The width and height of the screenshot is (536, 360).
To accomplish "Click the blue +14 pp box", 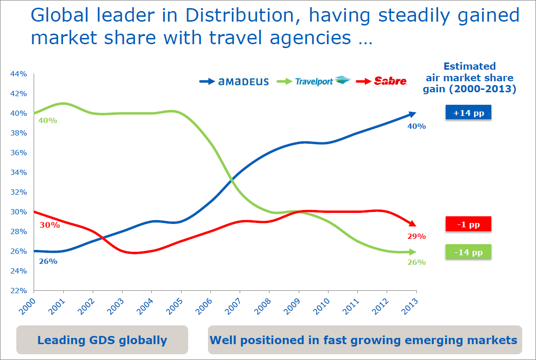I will point(468,113).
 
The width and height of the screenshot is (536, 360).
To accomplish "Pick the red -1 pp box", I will point(468,224).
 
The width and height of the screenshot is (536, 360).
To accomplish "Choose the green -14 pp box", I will point(468,252).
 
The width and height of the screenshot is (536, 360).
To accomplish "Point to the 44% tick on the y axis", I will point(20,74).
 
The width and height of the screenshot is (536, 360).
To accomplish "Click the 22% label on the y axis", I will point(20,291).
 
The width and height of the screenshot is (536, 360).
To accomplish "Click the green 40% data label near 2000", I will point(48,121).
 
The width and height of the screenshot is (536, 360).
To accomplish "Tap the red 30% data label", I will point(50,225).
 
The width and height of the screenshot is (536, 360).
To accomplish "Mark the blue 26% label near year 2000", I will point(48,261).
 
